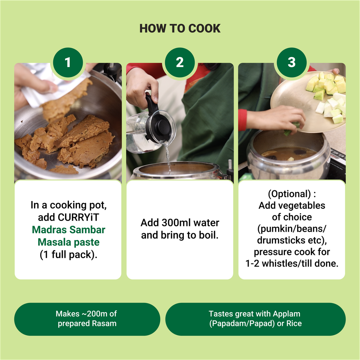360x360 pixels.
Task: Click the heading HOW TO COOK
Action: pos(180,28)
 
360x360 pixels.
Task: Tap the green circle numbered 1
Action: pos(68,62)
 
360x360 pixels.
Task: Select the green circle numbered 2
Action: pos(180,62)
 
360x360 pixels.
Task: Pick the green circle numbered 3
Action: pos(291,62)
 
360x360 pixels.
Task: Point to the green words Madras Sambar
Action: pos(69,229)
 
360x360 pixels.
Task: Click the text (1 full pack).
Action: pos(69,254)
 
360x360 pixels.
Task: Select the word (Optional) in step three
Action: pos(289,194)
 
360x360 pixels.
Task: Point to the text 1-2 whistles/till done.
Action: pos(292,263)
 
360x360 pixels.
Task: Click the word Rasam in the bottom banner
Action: pos(104,323)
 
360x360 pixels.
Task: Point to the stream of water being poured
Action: pos(168,159)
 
